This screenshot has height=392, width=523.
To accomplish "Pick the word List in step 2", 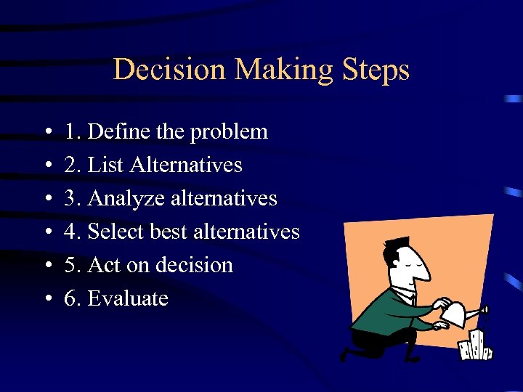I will pos(106,165).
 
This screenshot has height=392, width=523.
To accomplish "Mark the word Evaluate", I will pos(128,298).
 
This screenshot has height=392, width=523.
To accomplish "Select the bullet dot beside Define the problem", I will pos(46,133).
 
